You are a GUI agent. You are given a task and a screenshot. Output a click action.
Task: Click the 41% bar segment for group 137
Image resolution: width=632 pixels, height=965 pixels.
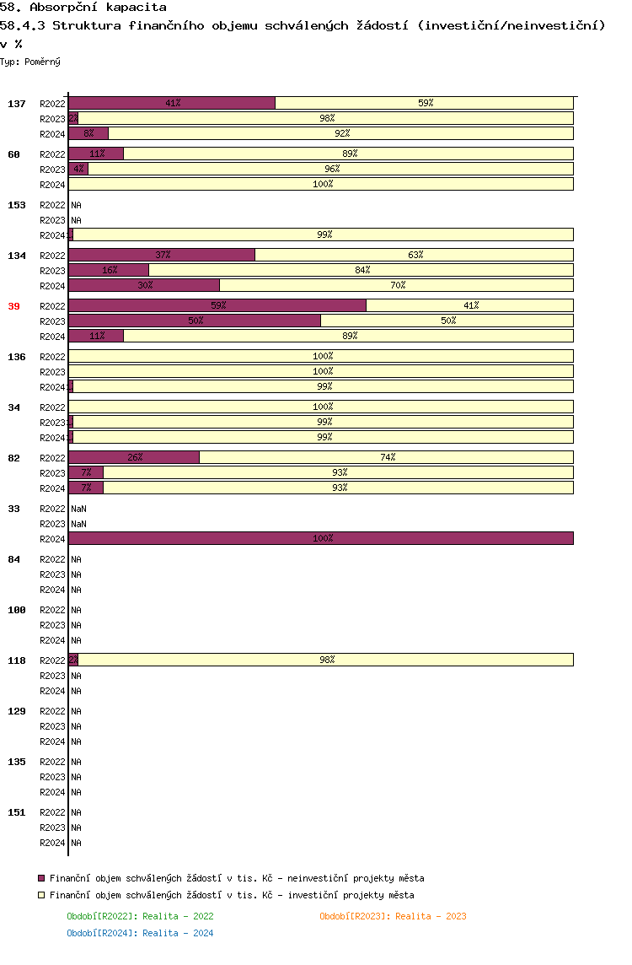point(172,103)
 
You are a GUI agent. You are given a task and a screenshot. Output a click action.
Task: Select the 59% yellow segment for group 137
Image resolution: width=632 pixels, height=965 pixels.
point(425,103)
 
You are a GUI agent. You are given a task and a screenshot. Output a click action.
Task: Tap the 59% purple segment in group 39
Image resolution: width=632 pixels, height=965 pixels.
point(217,305)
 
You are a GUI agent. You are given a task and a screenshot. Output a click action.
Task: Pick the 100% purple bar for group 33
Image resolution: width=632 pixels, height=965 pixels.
point(321,538)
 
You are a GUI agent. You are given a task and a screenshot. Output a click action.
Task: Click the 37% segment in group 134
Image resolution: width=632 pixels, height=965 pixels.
point(162,255)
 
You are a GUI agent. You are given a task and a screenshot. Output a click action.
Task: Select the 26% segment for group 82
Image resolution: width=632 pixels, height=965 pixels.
point(134,457)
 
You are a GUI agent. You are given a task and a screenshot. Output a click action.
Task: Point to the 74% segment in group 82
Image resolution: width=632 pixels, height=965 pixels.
point(387,457)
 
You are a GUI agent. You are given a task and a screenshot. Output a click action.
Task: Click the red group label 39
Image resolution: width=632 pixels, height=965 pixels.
point(13,306)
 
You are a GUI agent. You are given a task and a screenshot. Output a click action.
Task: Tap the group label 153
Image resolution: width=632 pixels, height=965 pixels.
point(16,205)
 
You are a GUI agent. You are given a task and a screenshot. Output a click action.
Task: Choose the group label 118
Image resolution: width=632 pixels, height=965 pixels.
point(16,660)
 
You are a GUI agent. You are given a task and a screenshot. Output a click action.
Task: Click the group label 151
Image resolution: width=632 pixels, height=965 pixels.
point(16,812)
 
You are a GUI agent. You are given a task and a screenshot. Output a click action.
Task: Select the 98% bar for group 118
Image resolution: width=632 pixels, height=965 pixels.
point(326,660)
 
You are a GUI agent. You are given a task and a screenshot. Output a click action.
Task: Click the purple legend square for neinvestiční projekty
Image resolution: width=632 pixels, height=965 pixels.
point(41,878)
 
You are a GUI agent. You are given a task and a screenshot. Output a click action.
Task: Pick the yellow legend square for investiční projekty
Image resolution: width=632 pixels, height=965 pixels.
point(41,895)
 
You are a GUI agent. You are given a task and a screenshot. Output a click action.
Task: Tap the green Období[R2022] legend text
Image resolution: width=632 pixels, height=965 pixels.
point(140,916)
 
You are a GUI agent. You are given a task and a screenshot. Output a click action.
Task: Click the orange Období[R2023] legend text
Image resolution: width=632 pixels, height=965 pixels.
point(393,916)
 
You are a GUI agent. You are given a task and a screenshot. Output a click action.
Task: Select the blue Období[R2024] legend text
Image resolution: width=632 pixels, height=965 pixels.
point(140,933)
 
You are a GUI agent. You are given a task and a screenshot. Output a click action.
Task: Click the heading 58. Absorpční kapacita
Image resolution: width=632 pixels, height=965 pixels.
point(83,8)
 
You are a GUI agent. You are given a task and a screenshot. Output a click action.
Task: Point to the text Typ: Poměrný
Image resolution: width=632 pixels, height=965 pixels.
point(30,62)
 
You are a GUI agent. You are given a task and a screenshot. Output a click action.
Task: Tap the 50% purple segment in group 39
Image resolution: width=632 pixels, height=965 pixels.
point(195,321)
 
